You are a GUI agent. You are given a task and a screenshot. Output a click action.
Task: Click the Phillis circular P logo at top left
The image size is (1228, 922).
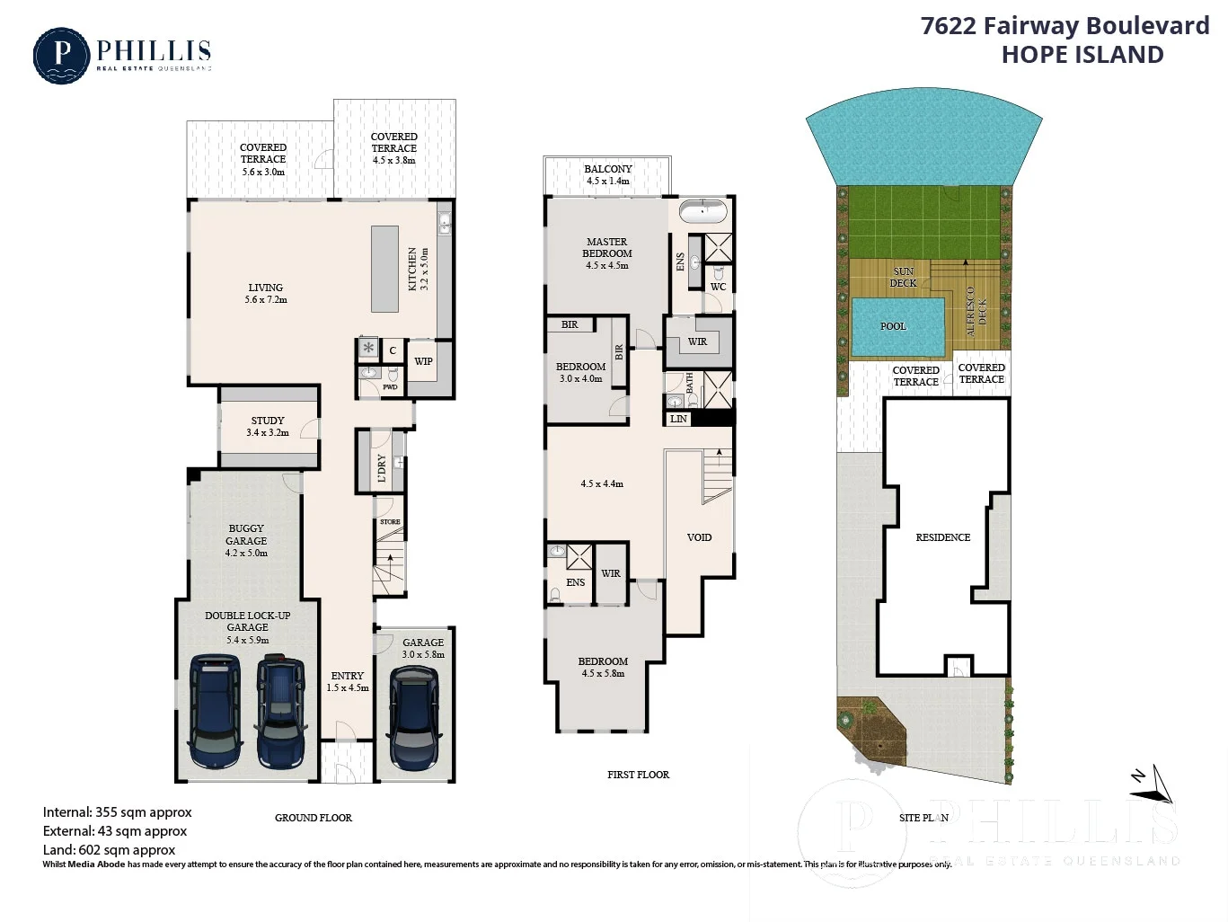(x=61, y=56)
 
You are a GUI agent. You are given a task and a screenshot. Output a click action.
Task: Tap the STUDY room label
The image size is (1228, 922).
(x=268, y=421)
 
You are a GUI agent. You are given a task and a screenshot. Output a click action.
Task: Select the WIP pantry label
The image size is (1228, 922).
(x=423, y=361)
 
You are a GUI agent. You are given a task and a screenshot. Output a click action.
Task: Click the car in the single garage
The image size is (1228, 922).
(x=414, y=718)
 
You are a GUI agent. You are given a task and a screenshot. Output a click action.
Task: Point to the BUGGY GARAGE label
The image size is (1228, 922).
(x=246, y=535)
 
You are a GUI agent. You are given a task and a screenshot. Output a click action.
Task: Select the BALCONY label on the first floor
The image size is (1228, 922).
(x=608, y=169)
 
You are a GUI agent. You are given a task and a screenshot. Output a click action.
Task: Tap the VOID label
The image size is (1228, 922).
(x=699, y=537)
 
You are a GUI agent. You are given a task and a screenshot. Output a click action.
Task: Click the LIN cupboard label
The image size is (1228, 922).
(x=678, y=419)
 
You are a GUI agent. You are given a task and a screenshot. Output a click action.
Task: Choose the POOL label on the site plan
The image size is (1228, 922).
(x=893, y=326)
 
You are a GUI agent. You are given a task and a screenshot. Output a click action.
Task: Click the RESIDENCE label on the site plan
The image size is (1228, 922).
(x=942, y=537)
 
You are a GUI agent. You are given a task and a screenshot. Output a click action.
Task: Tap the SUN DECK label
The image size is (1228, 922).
(x=904, y=277)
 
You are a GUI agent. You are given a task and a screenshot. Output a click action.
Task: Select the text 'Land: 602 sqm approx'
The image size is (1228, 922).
(x=109, y=849)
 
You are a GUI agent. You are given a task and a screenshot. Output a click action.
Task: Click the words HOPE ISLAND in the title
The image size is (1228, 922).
(x=1082, y=55)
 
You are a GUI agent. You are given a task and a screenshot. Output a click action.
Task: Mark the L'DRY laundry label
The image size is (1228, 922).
(x=382, y=468)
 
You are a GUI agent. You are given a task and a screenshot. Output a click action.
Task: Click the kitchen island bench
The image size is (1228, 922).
(x=385, y=269)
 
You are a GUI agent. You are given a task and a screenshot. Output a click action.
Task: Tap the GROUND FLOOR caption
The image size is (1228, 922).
(x=313, y=818)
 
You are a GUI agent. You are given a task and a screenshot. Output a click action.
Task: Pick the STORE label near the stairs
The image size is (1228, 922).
(x=390, y=522)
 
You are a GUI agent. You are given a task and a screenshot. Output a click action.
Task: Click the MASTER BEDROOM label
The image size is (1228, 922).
(x=607, y=247)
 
